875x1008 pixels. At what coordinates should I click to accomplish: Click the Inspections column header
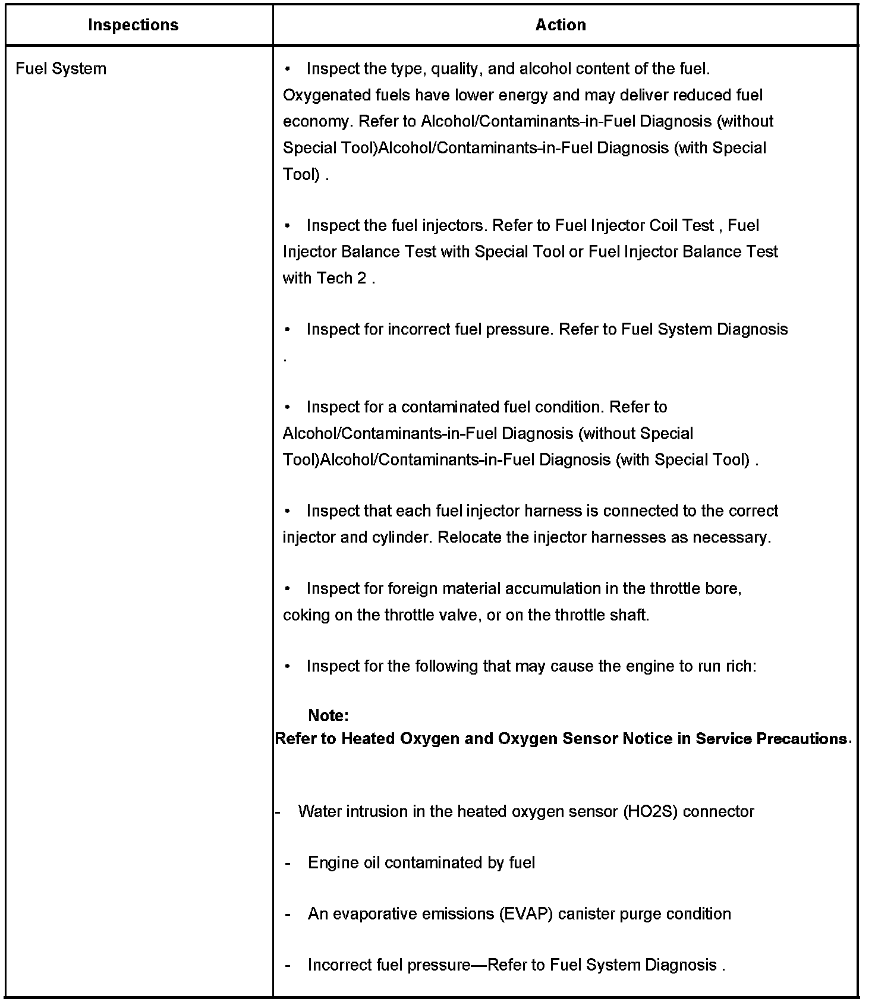point(133,25)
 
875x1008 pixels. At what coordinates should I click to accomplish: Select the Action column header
point(561,25)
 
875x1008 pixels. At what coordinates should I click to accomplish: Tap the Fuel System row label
point(61,69)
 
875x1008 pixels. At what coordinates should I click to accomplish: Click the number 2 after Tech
point(361,278)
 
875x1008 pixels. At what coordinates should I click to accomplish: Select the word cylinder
point(402,537)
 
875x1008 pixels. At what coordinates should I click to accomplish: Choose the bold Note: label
point(328,715)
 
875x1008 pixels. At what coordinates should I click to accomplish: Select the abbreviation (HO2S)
point(651,812)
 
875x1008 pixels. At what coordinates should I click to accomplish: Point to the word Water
point(320,812)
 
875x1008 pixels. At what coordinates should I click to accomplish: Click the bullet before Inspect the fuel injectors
point(288,226)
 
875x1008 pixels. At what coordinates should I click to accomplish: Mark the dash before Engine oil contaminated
point(288,863)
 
